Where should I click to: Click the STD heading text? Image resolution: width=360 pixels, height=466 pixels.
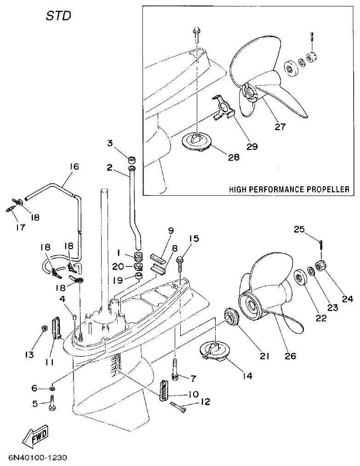coord(58,16)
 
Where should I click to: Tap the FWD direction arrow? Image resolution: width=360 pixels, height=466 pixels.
coord(35,437)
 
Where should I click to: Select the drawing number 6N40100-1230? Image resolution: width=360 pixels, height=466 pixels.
coord(38,458)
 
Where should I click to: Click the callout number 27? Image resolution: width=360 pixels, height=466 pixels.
coord(280,127)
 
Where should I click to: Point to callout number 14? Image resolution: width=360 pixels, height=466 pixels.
coord(247,375)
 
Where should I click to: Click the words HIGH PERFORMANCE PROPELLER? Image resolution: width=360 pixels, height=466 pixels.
coord(289,189)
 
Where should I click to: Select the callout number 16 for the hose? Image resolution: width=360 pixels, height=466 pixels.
coord(74,167)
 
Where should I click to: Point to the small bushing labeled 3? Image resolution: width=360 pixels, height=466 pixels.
coord(131,160)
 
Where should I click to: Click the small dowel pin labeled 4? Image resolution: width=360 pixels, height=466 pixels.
coord(74,316)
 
